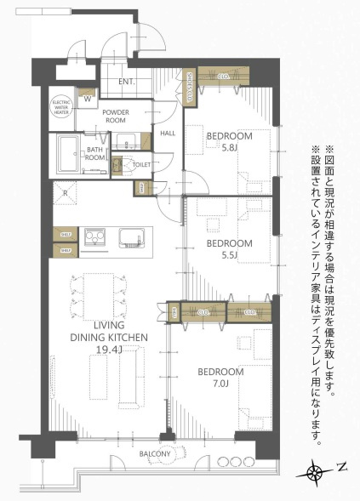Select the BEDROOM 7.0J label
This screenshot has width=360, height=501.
point(220,378)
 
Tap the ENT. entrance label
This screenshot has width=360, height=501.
point(128,82)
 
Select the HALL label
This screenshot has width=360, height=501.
point(168,133)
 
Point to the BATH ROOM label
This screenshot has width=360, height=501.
point(95,153)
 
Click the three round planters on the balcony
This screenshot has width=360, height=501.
point(231,462)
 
